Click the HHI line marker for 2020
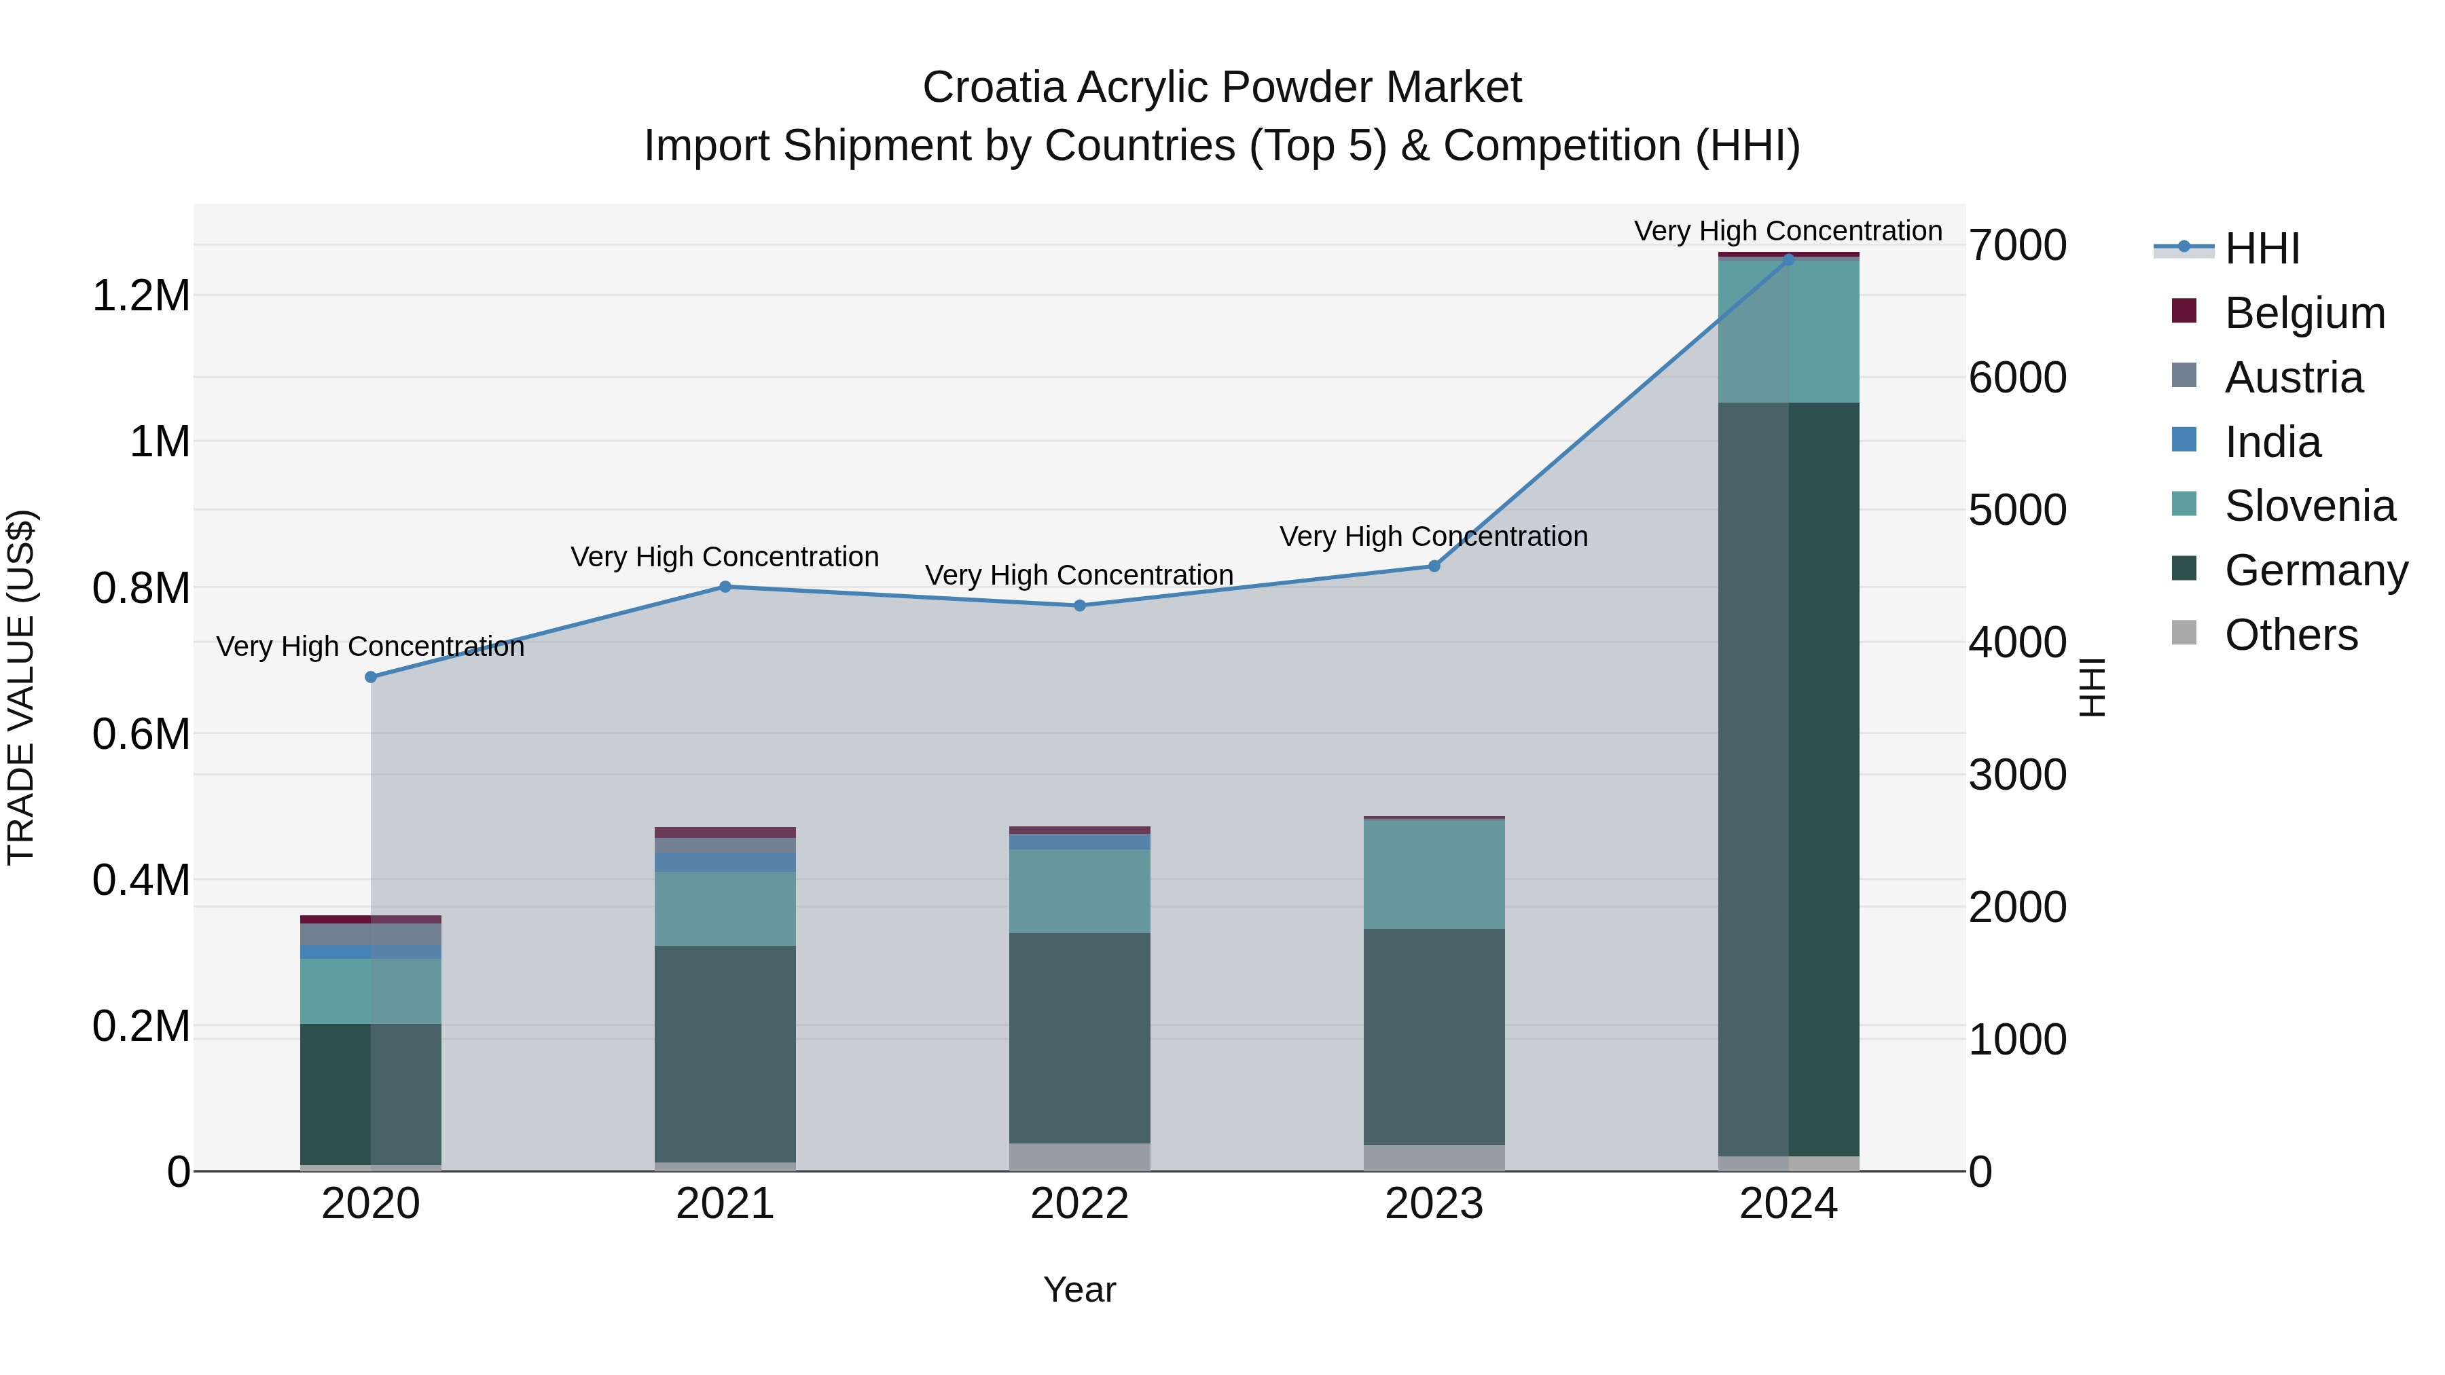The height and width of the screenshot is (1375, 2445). click(x=371, y=676)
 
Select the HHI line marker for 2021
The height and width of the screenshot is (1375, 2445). click(x=725, y=587)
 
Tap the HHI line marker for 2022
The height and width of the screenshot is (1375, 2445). click(x=1079, y=606)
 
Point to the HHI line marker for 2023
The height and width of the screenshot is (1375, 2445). click(x=1434, y=566)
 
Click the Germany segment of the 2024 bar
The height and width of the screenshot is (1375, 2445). click(x=1788, y=778)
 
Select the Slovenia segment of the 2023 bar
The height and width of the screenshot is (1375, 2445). click(x=1434, y=873)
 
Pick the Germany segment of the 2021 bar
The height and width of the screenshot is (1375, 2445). click(x=725, y=1053)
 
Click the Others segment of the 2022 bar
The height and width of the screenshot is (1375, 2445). click(x=1079, y=1157)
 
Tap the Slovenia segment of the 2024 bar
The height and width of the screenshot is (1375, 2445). click(x=1788, y=330)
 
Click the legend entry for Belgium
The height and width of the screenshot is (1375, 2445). click(x=2304, y=313)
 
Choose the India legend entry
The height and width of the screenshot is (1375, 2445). click(x=2272, y=442)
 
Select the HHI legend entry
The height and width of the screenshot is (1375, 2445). click(x=2261, y=249)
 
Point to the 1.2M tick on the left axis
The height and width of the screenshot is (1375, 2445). click(x=141, y=296)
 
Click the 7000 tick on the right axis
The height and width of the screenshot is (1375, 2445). click(x=2017, y=246)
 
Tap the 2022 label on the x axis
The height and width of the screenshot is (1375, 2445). click(x=1079, y=1204)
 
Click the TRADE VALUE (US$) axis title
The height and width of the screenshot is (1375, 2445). click(x=21, y=687)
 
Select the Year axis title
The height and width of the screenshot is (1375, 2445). click(x=1079, y=1289)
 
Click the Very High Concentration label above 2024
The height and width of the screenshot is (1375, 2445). click(x=1788, y=231)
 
